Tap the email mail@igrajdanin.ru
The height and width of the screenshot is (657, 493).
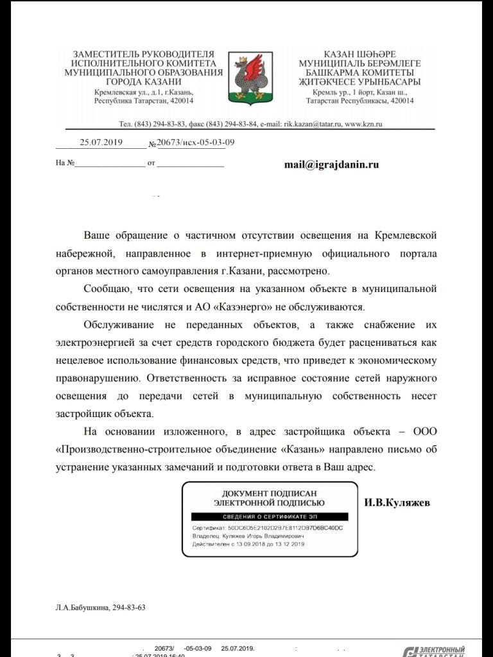(331, 164)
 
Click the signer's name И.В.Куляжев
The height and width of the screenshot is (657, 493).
(397, 502)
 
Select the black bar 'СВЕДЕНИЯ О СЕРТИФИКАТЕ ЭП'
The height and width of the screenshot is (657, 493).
(269, 516)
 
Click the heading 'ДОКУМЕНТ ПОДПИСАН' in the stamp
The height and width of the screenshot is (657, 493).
(269, 493)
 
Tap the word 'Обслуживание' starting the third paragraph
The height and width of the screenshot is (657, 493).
(119, 325)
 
